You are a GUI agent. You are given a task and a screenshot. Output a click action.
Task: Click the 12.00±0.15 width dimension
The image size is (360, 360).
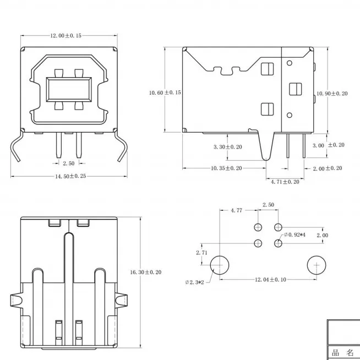66,36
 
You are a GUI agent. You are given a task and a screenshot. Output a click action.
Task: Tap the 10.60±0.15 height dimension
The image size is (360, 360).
165,92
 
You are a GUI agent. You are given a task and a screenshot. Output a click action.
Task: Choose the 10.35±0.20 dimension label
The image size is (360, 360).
227,168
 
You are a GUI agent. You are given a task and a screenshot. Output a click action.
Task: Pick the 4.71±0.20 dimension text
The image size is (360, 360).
285,181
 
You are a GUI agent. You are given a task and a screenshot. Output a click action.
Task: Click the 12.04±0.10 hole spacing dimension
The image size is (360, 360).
270,280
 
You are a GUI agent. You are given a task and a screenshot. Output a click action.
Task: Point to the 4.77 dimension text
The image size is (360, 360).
237,210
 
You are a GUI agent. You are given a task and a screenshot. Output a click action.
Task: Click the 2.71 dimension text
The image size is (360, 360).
201,252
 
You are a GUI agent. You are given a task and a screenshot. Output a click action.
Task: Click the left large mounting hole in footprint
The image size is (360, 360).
220,265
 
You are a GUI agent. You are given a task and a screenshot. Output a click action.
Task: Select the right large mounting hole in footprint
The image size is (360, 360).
317,265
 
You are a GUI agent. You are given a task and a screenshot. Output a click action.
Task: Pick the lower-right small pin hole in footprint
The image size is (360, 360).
279,243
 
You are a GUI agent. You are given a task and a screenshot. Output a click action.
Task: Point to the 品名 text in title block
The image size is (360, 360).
343,352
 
